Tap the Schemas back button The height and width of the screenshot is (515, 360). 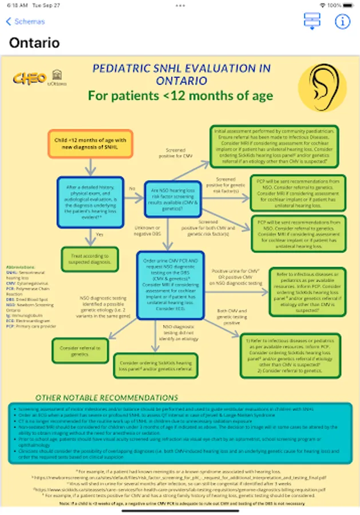[x=25, y=22]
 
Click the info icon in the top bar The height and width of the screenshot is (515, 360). [x=342, y=22]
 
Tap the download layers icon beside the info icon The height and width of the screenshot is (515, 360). [x=312, y=21]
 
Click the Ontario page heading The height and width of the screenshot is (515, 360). [x=34, y=43]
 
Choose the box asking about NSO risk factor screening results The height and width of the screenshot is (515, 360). [x=173, y=199]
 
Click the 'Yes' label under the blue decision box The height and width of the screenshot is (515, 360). [x=99, y=234]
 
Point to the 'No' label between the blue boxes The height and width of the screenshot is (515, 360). [x=132, y=188]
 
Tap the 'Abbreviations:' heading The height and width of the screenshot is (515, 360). [x=21, y=267]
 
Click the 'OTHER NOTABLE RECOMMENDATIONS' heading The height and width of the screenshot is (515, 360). [x=106, y=397]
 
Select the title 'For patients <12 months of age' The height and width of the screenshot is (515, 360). [x=180, y=95]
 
